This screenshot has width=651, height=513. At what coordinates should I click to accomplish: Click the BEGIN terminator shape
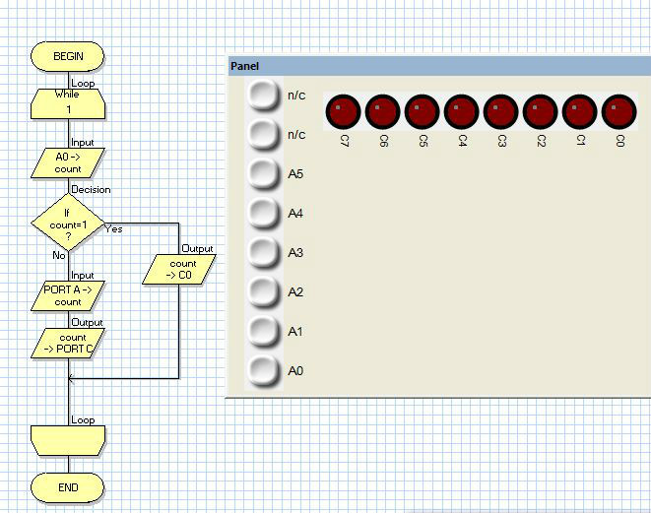(68, 56)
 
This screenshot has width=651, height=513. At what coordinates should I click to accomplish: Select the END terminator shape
(68, 486)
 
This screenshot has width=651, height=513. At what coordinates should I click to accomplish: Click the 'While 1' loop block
(68, 102)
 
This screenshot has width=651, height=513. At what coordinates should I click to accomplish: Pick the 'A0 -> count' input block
(68, 162)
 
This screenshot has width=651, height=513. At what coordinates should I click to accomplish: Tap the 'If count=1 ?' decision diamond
(68, 224)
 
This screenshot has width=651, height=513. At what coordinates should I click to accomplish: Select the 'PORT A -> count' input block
(68, 295)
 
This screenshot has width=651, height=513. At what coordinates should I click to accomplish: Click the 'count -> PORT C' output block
(68, 343)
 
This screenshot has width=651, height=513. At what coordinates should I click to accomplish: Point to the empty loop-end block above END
(68, 439)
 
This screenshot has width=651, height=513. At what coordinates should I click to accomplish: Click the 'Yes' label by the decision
(113, 229)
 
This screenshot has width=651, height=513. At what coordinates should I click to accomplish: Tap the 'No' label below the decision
(58, 255)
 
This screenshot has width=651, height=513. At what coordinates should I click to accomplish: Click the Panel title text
(244, 66)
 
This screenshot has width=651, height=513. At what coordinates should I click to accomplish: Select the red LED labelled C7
(344, 111)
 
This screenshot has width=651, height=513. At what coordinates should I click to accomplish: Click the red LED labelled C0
(618, 111)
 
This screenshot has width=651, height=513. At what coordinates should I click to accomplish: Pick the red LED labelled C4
(462, 111)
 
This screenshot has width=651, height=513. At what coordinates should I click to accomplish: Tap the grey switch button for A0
(263, 370)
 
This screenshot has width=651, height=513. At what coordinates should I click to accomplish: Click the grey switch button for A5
(263, 173)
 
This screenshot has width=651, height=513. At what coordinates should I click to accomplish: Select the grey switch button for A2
(263, 291)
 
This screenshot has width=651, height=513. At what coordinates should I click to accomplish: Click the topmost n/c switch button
(263, 95)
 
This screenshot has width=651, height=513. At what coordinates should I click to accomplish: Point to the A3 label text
(295, 253)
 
